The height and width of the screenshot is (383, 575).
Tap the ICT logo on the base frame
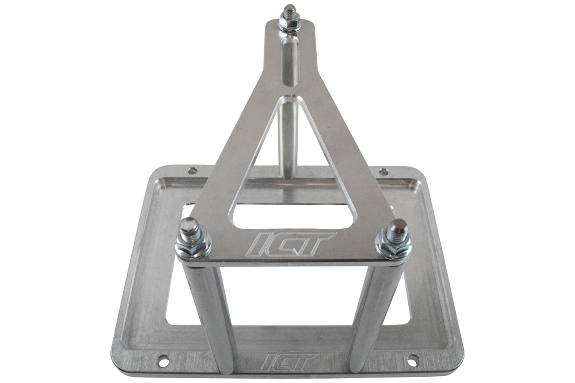[289, 361]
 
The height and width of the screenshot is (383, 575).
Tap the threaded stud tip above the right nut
[397, 227]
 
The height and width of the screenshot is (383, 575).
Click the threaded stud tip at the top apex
[290, 9]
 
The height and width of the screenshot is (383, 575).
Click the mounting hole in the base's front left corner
[163, 361]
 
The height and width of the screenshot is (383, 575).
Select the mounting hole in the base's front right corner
[413, 360]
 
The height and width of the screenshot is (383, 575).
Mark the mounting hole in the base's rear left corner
[192, 170]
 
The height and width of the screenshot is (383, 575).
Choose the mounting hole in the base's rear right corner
[383, 172]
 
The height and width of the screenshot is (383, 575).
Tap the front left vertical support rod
[211, 315]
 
